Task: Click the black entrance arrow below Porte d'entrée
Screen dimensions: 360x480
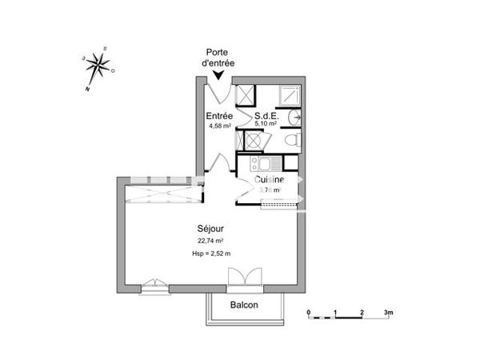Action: click(218, 74)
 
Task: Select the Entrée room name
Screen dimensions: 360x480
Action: click(220, 115)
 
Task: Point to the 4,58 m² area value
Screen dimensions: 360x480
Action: click(219, 126)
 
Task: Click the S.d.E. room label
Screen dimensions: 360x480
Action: click(266, 115)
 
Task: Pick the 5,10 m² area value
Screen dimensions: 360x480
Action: click(266, 125)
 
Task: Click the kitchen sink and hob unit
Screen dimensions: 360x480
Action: click(265, 165)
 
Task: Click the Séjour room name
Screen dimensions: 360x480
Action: click(210, 228)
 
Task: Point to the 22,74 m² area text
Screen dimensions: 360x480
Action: click(210, 240)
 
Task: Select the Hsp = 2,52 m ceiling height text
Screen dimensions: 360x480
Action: click(210, 254)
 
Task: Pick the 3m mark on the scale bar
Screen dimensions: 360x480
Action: click(388, 311)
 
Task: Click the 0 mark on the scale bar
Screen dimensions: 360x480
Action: click(309, 311)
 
